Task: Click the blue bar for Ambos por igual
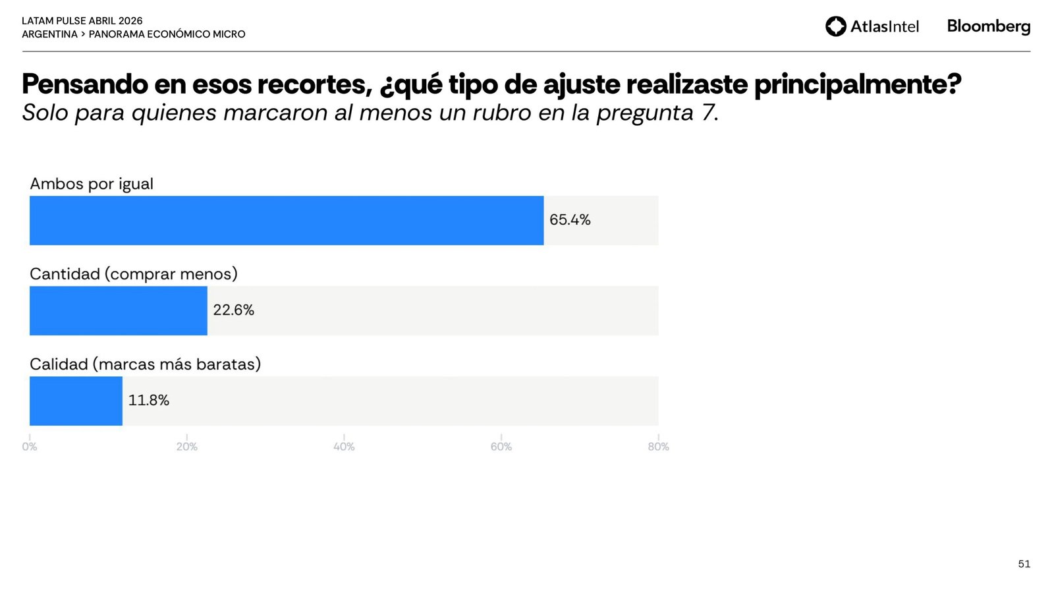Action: [x=287, y=220]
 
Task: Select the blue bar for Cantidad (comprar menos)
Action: [x=119, y=310]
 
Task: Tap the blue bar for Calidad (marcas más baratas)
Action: [x=76, y=401]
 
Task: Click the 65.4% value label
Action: [x=570, y=220]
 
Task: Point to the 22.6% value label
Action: [x=233, y=310]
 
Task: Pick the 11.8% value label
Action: [x=148, y=401]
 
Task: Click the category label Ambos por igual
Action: [x=92, y=184]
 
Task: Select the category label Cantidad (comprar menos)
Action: [x=134, y=274]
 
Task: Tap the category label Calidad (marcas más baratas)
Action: [x=145, y=364]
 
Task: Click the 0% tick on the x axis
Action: [x=30, y=447]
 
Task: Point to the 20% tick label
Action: [x=186, y=447]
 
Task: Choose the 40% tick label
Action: [x=344, y=447]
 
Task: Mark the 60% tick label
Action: [x=501, y=447]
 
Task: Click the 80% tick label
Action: [x=658, y=447]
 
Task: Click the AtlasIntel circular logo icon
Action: [x=835, y=26]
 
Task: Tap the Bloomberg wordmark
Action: [x=988, y=26]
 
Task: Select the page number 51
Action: [x=1024, y=564]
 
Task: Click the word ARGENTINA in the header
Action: [x=49, y=34]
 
